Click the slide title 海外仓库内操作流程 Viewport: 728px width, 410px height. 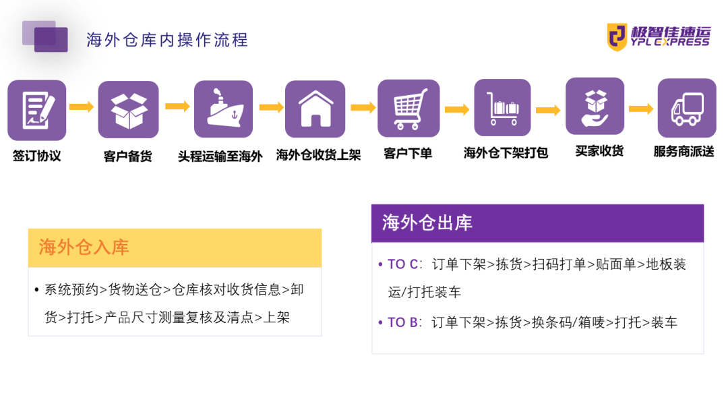(x=167, y=40)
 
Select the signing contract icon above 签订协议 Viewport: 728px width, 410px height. (x=37, y=110)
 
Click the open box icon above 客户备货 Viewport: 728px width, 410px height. (x=129, y=110)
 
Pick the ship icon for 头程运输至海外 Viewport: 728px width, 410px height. (x=223, y=109)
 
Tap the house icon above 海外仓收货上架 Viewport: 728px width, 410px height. (x=315, y=109)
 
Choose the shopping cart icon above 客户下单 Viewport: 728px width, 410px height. (x=408, y=109)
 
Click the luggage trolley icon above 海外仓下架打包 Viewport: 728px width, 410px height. (x=502, y=108)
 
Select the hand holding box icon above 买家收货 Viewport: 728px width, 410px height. (x=595, y=107)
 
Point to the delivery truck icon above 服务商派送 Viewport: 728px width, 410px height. (x=687, y=108)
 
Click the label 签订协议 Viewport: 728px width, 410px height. (x=37, y=156)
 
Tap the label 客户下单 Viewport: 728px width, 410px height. (x=408, y=154)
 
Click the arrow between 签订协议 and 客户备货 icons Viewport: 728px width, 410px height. (x=82, y=107)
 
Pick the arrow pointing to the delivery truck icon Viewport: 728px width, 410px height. (x=641, y=109)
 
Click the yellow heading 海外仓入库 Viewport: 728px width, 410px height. (x=84, y=247)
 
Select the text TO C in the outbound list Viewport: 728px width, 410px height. (x=402, y=264)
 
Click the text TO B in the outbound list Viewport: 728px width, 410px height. (x=402, y=322)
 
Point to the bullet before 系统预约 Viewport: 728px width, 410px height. (x=36, y=290)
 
